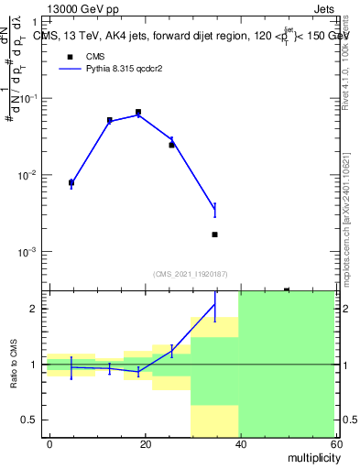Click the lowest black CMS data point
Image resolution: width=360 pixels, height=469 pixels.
coord(214,234)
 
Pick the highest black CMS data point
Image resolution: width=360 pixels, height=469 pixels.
coord(138,112)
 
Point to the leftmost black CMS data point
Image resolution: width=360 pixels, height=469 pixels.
coord(71,182)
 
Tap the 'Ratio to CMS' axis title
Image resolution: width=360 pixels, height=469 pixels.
coord(14,365)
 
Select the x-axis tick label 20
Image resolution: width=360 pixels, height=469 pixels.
coord(145,442)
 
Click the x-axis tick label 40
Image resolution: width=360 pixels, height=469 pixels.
coord(240,442)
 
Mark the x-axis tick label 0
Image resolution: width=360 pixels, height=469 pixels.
coord(49,442)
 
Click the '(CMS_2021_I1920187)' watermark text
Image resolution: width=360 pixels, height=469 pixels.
coord(191,273)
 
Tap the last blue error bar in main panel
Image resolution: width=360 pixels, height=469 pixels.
coord(214,210)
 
